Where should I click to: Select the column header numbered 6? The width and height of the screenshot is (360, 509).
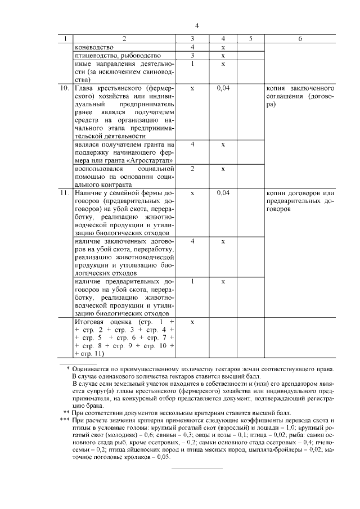pos(300,39)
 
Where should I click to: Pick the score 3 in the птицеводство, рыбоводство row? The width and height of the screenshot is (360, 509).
pos(192,56)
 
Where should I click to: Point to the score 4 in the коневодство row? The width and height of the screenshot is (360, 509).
pos(192,47)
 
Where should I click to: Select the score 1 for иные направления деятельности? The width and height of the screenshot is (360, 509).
pos(192,64)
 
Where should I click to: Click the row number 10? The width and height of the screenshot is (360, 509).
pos(64,89)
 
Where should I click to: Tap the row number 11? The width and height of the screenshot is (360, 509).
pos(64,193)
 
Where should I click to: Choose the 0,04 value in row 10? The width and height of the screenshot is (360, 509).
pos(223,89)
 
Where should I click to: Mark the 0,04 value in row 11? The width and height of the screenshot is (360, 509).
pos(223,193)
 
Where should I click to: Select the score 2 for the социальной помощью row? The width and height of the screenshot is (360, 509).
pos(192,169)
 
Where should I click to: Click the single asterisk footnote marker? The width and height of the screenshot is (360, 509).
pos(68,368)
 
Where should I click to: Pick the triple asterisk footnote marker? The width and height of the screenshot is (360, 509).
pos(65,421)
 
